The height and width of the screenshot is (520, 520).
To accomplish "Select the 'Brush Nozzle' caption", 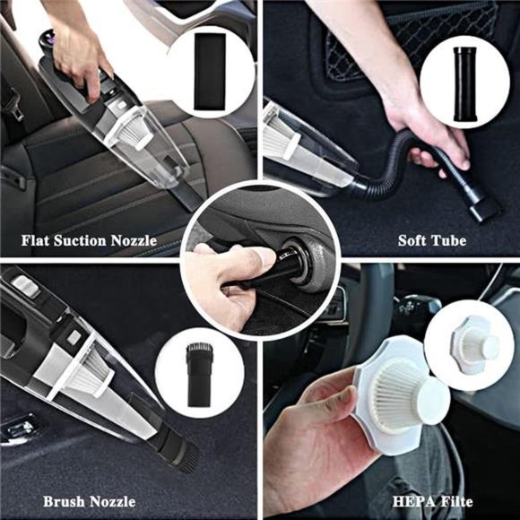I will pos(90,501).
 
